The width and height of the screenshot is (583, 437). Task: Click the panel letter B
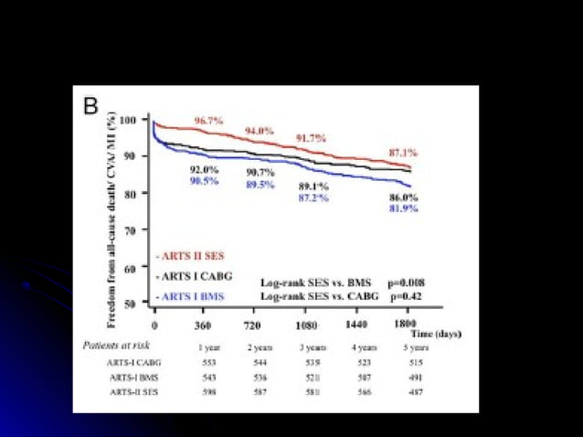point(90,105)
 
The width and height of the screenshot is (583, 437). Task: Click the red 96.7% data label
point(207,121)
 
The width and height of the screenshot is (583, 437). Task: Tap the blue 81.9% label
point(403,208)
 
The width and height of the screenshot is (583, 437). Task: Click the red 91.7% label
point(311,138)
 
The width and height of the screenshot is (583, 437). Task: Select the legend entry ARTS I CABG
point(194,275)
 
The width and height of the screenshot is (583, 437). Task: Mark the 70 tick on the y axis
point(130,231)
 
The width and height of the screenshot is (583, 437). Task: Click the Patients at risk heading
point(114,346)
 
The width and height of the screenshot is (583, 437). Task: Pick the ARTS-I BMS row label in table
point(131,375)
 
